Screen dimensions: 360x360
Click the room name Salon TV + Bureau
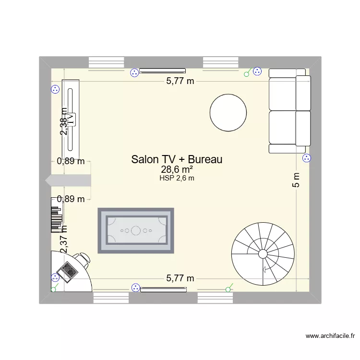click(x=177, y=160)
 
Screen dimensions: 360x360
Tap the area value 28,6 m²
click(x=177, y=170)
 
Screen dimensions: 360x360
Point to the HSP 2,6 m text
click(x=177, y=179)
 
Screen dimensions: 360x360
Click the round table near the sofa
click(x=228, y=112)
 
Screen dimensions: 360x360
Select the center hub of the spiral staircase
click(x=263, y=253)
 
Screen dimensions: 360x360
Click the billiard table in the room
click(x=136, y=230)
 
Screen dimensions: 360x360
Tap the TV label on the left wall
click(x=71, y=118)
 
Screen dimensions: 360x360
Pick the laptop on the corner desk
click(x=67, y=272)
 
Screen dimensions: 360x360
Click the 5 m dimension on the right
click(x=297, y=180)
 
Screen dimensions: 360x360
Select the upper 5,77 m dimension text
click(x=180, y=81)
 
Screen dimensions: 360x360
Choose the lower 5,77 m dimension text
click(x=180, y=278)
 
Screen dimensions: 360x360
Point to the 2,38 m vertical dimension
click(x=64, y=121)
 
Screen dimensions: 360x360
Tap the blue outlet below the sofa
click(x=307, y=159)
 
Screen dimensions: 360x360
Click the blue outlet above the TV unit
click(x=55, y=89)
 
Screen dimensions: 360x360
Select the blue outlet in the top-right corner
click(x=257, y=72)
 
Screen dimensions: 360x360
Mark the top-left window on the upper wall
click(x=107, y=62)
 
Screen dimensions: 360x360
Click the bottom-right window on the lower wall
click(x=216, y=298)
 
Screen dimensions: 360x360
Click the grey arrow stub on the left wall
click(x=68, y=180)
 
